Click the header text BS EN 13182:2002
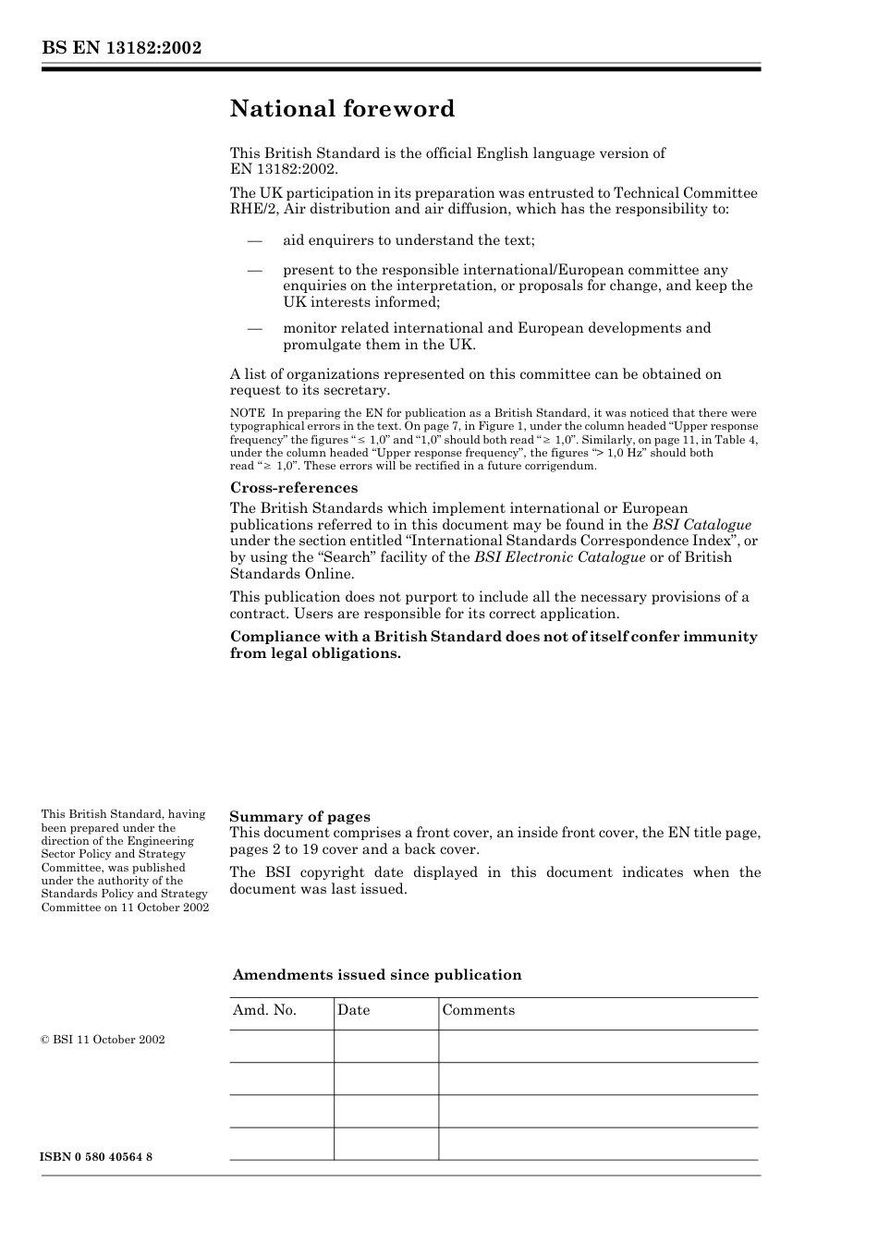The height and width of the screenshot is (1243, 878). (121, 49)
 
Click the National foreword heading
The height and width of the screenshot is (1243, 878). (342, 109)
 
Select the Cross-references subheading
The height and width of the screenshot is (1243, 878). (293, 488)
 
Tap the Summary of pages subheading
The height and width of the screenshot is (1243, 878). (299, 816)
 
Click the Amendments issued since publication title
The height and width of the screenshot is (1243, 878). (376, 975)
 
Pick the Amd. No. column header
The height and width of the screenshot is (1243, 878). (264, 1010)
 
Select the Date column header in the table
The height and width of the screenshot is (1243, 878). (353, 1010)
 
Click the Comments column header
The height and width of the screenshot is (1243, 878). (478, 1010)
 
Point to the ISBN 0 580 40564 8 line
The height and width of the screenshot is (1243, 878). (97, 1158)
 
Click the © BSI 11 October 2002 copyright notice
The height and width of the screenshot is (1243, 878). (103, 1040)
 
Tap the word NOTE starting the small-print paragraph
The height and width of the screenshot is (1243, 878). (247, 413)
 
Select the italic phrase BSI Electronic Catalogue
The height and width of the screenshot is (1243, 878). (559, 557)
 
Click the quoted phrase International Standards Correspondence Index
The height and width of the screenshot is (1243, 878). (551, 541)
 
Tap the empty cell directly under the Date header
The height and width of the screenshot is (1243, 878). (385, 1046)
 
